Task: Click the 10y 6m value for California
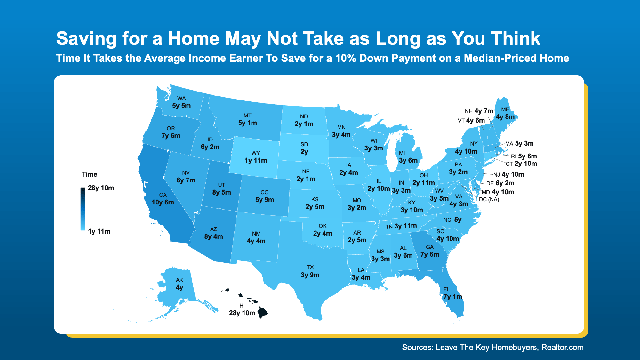[x=163, y=202]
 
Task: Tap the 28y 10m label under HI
[x=242, y=313]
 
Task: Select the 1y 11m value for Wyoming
[x=256, y=160]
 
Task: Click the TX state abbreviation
[x=310, y=267]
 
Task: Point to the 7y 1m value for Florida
[x=453, y=297]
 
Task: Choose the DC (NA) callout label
[x=489, y=199]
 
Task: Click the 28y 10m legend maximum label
[x=101, y=188]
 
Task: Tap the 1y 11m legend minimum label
[x=99, y=231]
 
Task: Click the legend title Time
[x=89, y=174]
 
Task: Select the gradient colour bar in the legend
[x=83, y=209]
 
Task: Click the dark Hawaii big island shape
[x=263, y=312]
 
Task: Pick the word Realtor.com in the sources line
[x=562, y=348]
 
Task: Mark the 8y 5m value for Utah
[x=221, y=192]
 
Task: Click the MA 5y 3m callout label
[x=519, y=144]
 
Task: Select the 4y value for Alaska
[x=180, y=287]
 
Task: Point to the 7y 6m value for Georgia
[x=430, y=254]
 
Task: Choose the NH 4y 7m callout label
[x=479, y=111]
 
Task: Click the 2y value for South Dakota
[x=304, y=152]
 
